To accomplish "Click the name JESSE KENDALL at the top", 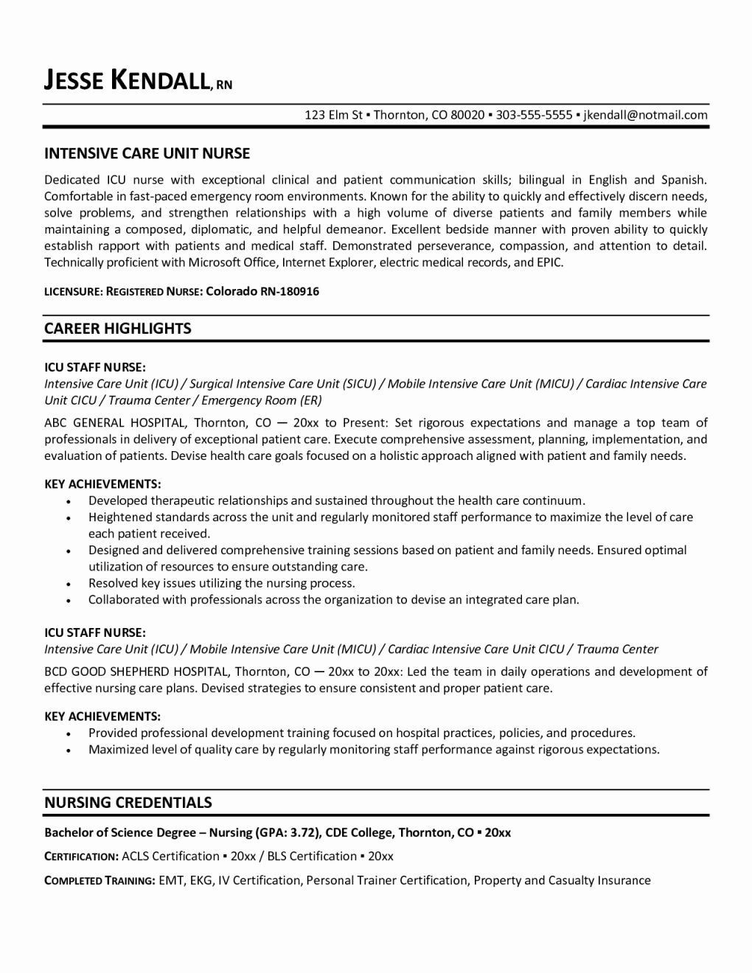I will [128, 80].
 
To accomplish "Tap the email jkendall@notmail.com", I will [645, 115].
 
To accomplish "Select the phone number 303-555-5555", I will [534, 115].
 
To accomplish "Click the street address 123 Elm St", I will [334, 115].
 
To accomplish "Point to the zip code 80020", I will [467, 115].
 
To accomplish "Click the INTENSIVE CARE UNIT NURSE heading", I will [147, 153].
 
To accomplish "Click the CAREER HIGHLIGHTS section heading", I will [117, 329].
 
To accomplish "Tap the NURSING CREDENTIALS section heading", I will [128, 803].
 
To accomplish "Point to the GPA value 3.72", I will [303, 833].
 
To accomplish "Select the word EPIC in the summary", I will [549, 262].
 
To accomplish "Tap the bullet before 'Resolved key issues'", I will [69, 584].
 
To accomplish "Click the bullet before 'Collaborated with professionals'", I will [69, 601].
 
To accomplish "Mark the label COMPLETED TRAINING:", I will [100, 880].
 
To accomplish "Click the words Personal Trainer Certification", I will [387, 880].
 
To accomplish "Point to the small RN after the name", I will [224, 85].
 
